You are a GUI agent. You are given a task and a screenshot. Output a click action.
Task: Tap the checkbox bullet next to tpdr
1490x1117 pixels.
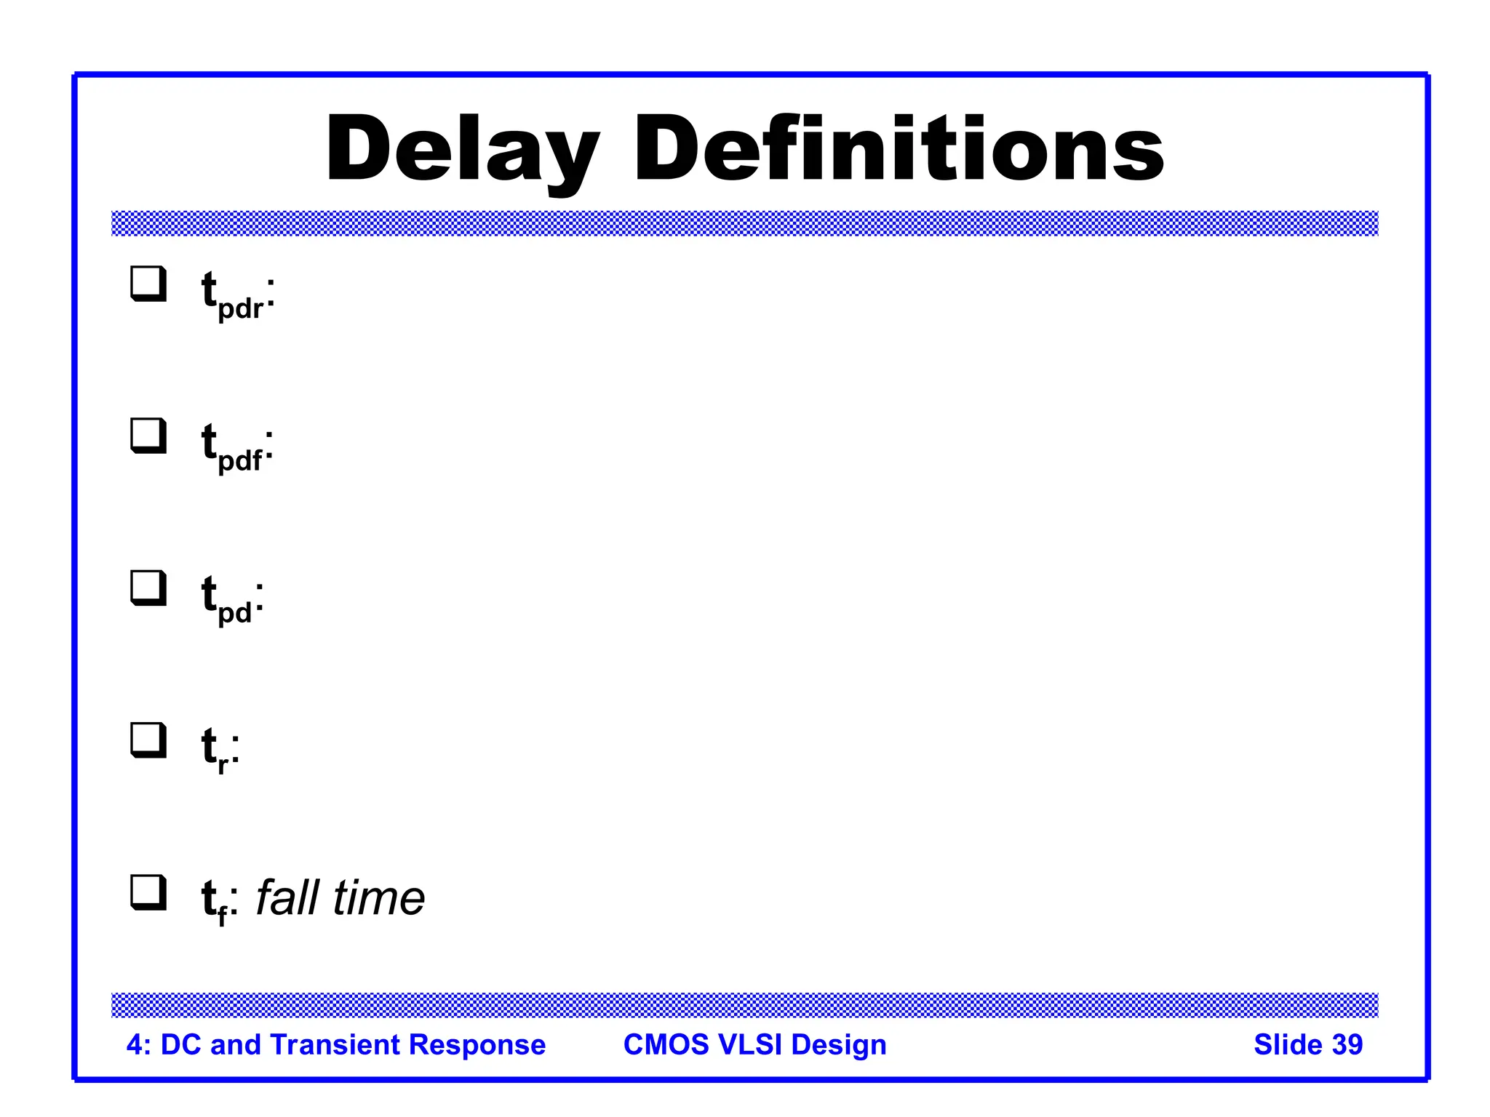[x=148, y=284]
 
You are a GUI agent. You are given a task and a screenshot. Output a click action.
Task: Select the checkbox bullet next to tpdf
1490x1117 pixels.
[x=148, y=436]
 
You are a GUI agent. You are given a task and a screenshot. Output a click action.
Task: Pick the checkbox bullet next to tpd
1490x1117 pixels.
[x=148, y=588]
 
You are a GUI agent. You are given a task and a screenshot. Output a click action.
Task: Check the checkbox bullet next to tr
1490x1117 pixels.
[x=148, y=740]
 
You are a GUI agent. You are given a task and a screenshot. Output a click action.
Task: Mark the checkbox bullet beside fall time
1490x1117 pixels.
[x=148, y=892]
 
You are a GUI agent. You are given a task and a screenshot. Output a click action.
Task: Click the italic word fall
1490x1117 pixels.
[x=287, y=897]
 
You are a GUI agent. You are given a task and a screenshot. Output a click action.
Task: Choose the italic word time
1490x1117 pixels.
[x=378, y=897]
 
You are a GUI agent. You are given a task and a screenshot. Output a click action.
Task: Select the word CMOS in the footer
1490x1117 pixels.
[x=666, y=1044]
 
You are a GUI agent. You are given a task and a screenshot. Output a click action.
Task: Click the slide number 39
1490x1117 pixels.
[x=1347, y=1044]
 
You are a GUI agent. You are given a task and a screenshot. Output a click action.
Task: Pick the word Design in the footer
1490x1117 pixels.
[x=839, y=1045]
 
